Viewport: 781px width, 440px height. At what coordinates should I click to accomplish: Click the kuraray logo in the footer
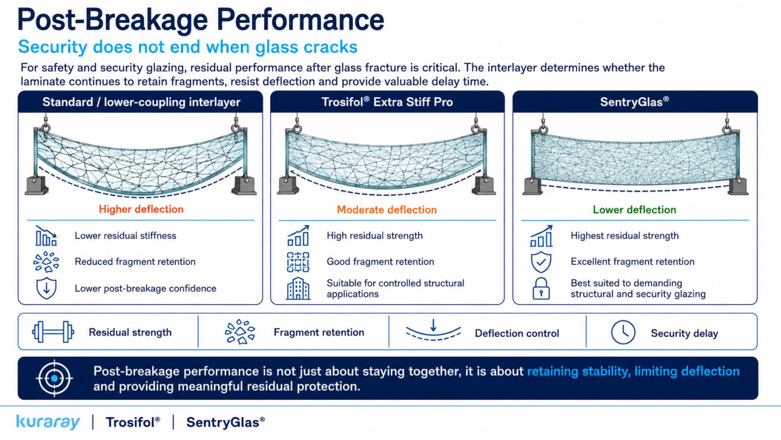48,422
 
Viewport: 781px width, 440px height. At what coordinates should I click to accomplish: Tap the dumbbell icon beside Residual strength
53,332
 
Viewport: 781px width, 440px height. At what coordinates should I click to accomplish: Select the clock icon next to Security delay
623,332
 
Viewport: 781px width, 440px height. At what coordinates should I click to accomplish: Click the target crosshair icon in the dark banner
55,378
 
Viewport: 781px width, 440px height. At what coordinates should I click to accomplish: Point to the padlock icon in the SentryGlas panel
541,288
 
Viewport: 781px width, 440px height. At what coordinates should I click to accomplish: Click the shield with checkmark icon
541,262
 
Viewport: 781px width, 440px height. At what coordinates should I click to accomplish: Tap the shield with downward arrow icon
46,288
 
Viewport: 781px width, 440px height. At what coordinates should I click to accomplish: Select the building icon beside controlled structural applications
298,288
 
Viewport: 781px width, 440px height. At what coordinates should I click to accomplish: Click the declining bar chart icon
46,236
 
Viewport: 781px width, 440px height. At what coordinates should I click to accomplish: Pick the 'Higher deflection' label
141,209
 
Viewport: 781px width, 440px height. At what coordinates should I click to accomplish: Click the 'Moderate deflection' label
387,209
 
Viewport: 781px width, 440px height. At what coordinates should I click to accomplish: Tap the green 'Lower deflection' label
635,209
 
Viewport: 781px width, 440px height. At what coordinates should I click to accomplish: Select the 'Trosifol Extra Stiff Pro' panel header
387,102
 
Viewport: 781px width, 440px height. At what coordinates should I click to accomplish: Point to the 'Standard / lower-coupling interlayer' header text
141,102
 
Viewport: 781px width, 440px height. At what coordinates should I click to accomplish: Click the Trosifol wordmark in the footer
133,422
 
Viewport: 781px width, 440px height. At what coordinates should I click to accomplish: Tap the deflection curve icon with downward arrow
433,330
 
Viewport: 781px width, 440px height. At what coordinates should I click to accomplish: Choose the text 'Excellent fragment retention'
633,262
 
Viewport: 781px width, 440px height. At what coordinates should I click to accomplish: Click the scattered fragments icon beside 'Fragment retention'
240,332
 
